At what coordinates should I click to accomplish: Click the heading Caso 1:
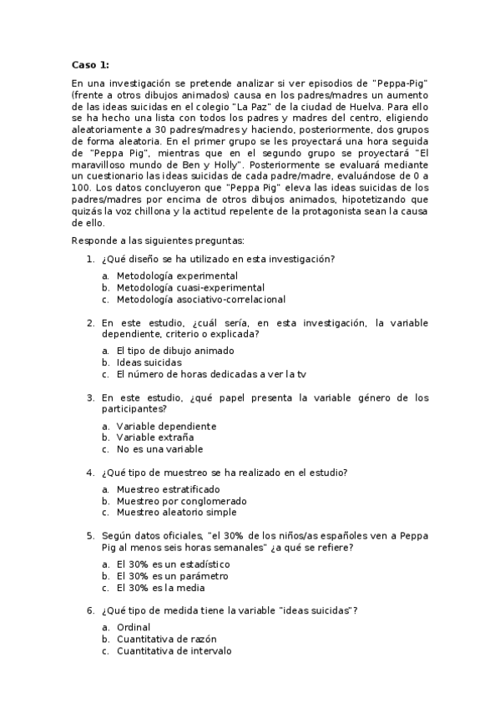(x=89, y=64)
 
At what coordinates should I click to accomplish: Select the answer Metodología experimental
(x=176, y=276)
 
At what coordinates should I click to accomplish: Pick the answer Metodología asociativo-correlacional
(x=200, y=299)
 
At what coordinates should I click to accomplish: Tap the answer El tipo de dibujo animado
(x=175, y=351)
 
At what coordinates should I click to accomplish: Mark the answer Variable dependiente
(x=166, y=426)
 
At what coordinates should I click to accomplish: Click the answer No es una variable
(x=159, y=449)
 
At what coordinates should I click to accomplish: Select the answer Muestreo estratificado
(x=169, y=489)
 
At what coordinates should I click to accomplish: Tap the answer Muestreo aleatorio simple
(x=176, y=513)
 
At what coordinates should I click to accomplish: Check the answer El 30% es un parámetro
(x=172, y=576)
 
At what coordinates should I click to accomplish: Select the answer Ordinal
(x=134, y=627)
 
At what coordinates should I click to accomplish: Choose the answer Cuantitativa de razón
(x=167, y=639)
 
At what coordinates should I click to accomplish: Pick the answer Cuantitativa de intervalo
(x=174, y=650)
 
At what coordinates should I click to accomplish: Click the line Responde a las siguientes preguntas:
(x=158, y=240)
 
